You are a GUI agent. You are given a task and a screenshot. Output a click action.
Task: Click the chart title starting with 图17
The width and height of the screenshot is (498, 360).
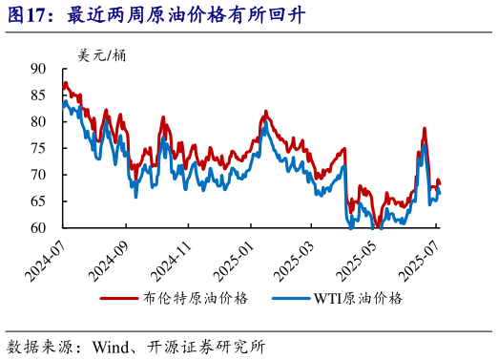144,15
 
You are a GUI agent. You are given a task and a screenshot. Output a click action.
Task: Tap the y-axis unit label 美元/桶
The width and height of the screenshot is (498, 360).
103,54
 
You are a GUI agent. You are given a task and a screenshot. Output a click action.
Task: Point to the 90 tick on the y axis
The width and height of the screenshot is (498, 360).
39,69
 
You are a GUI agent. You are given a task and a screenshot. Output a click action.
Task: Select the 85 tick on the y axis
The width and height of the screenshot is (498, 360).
39,95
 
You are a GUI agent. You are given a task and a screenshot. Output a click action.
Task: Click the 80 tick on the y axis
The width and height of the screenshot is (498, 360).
39,122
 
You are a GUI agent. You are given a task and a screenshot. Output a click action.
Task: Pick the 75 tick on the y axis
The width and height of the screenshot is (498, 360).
39,148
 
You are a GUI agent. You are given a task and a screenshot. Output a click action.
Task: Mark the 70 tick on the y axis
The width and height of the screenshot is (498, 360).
39,175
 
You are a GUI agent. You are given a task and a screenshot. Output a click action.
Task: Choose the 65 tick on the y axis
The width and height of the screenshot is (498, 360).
39,201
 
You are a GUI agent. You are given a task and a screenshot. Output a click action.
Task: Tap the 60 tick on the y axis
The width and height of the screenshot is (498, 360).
39,228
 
